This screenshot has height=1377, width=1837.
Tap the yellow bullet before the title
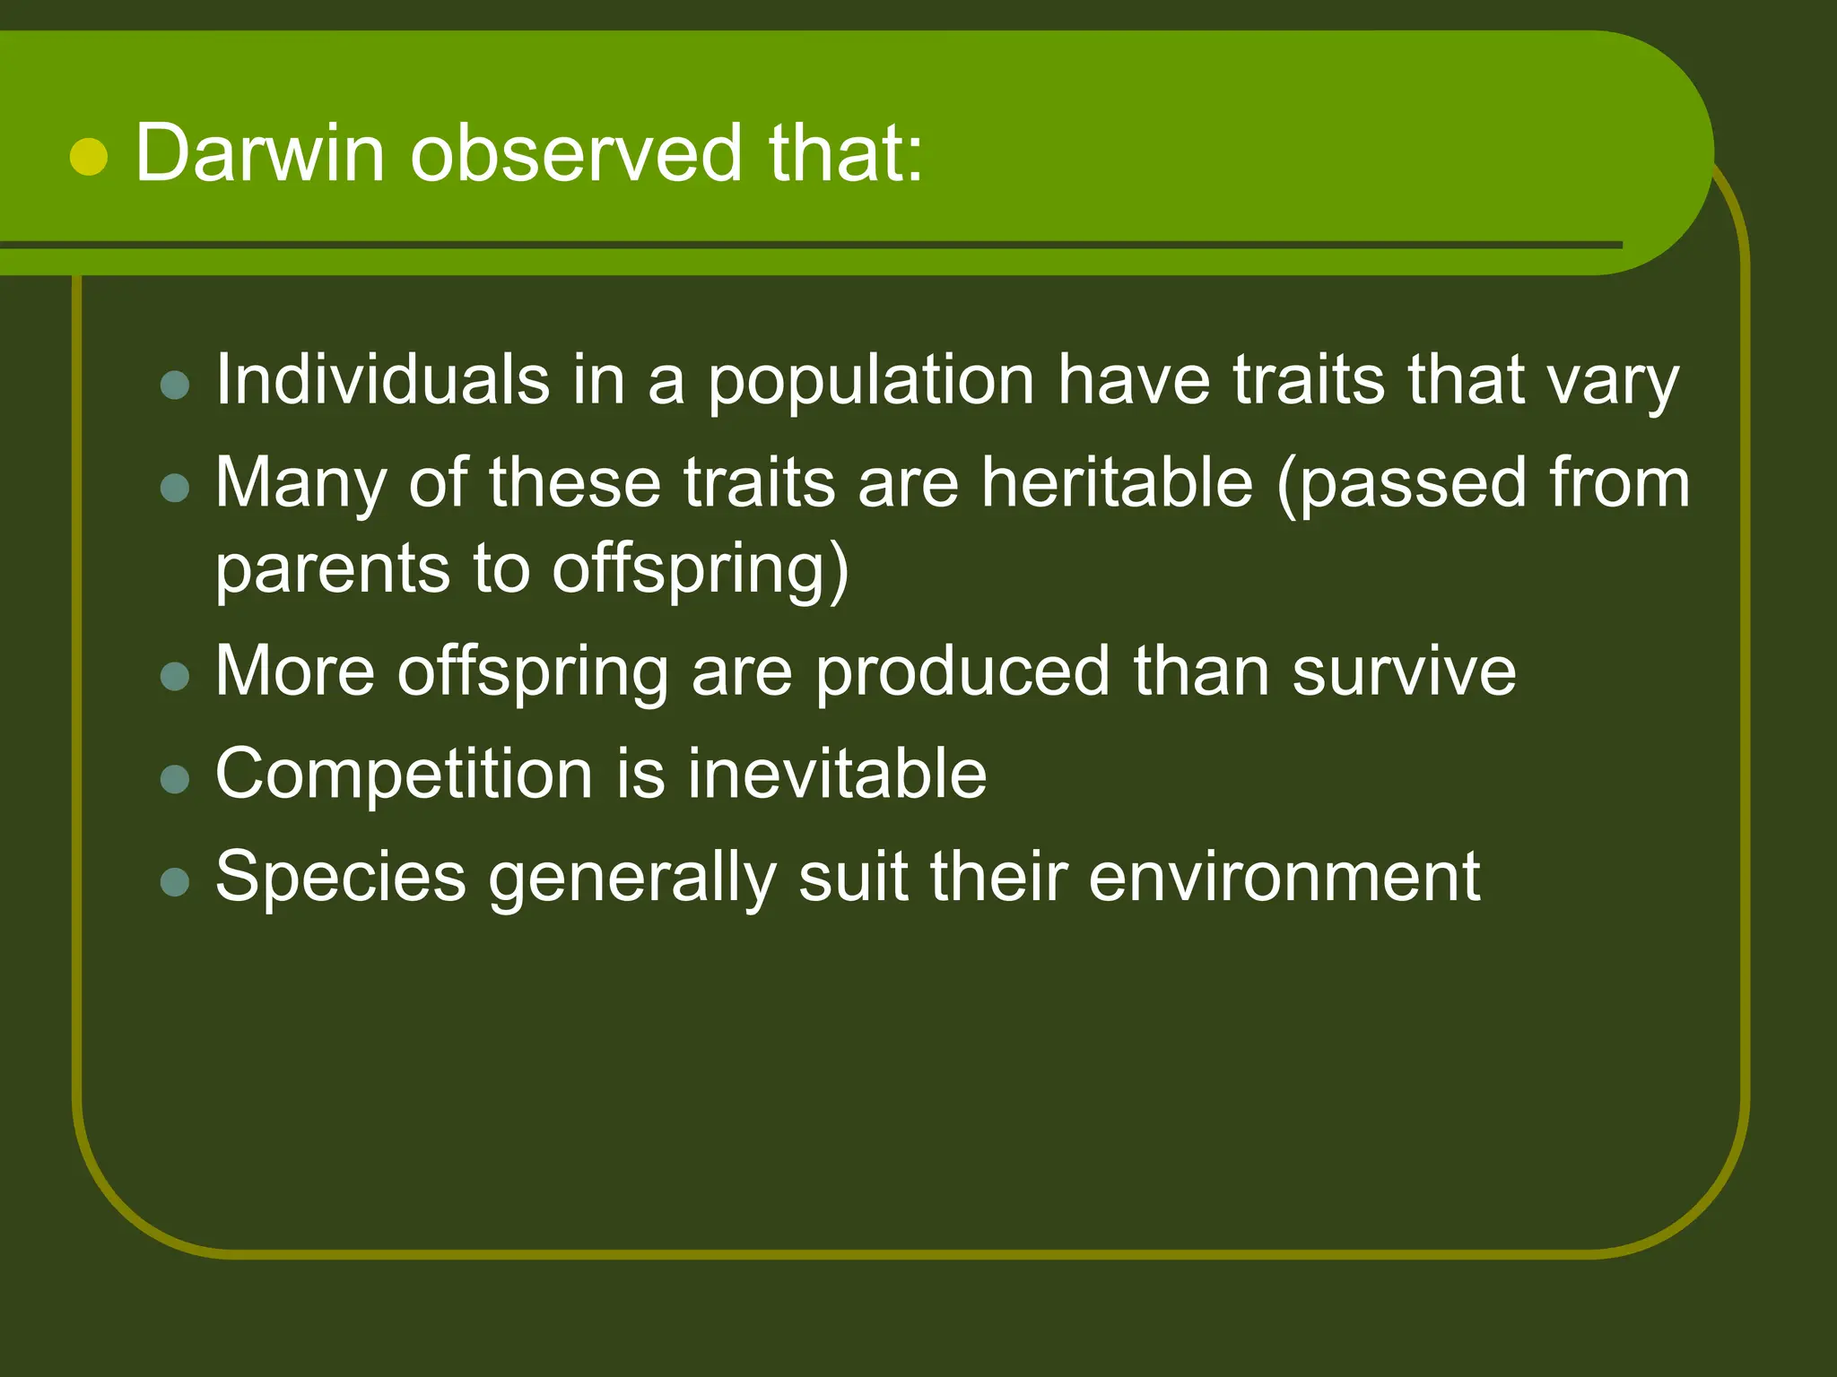(x=89, y=157)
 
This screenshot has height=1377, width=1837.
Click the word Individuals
(x=382, y=379)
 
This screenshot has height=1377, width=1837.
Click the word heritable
(x=1117, y=482)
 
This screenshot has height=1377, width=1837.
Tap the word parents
(x=332, y=570)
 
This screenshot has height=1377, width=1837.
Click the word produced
(x=962, y=671)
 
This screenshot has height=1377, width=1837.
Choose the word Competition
(x=404, y=775)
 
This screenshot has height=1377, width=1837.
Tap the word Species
(x=341, y=878)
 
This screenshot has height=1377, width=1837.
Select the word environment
(x=1284, y=876)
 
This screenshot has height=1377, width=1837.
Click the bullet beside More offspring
(x=175, y=676)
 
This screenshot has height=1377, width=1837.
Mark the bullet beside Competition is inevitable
(x=175, y=779)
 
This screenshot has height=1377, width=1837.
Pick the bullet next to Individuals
(x=175, y=385)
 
